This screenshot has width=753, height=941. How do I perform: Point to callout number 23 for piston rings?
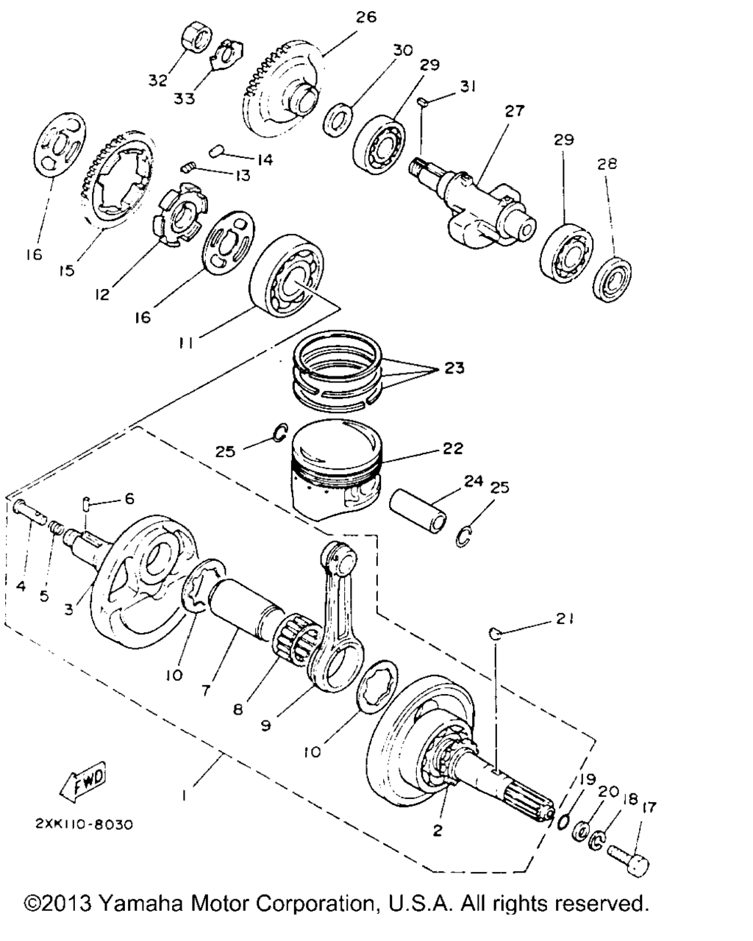point(454,368)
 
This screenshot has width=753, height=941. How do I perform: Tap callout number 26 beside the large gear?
point(365,17)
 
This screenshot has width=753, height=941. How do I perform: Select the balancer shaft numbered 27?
point(474,202)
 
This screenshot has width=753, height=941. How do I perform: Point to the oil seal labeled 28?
point(613,279)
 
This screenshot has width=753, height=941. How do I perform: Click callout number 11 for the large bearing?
point(185,343)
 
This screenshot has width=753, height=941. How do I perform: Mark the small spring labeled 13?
point(187,167)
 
